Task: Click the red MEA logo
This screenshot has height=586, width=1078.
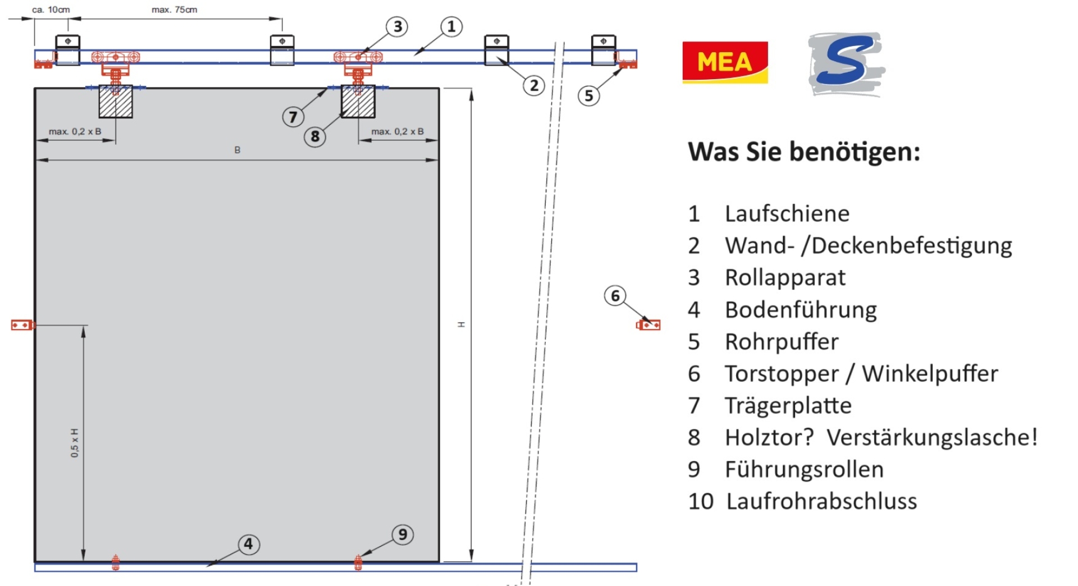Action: pos(725,62)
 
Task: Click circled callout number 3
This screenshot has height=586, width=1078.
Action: pos(398,26)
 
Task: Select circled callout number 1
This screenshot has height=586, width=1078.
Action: pos(451,26)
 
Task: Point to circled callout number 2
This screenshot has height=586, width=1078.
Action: pos(534,85)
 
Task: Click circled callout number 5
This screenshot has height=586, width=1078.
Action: pos(588,95)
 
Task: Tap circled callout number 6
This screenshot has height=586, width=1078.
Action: pos(615,295)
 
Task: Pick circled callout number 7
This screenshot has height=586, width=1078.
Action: pos(293,117)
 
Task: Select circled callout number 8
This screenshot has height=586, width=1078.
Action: pos(315,136)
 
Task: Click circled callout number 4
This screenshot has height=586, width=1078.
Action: pos(248,543)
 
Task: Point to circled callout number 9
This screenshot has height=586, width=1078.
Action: pos(403,534)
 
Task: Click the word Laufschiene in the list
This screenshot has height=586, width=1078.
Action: pos(787,214)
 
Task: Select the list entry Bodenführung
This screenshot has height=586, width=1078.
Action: pos(800,310)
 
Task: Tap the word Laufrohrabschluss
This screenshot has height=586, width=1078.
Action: pos(821,501)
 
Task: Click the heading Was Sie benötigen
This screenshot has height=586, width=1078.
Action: pos(804,152)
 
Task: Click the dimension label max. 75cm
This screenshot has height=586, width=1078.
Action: pos(174,10)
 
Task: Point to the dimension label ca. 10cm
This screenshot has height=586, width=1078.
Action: pos(51,10)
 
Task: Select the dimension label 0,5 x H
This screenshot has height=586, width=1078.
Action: pos(75,442)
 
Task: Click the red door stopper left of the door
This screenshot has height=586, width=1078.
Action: pos(22,325)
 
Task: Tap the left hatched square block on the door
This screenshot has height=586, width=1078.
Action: pos(116,102)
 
